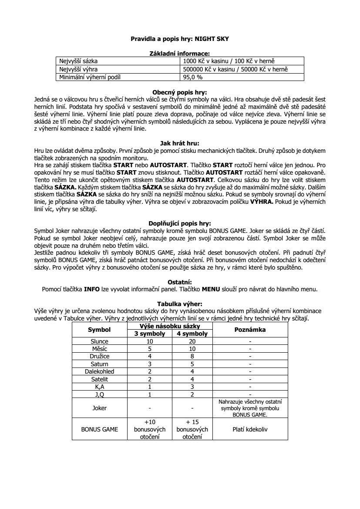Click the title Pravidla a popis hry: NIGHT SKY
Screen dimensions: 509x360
pyautogui.click(x=180, y=39)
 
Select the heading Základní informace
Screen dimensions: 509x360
pyautogui.click(x=180, y=53)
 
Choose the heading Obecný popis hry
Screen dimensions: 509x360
pyautogui.click(x=180, y=92)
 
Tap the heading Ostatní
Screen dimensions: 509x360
pyautogui.click(x=180, y=282)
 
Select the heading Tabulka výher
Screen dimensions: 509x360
pyautogui.click(x=180, y=303)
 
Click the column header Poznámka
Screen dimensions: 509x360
pyautogui.click(x=250, y=330)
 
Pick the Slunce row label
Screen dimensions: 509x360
pyautogui.click(x=99, y=342)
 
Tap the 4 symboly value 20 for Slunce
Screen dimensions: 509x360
pyautogui.click(x=192, y=342)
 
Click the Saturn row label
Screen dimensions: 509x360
pyautogui.click(x=99, y=364)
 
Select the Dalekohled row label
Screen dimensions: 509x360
pyautogui.click(x=99, y=371)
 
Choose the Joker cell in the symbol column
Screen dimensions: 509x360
pyautogui.click(x=99, y=408)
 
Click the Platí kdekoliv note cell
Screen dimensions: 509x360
pyautogui.click(x=250, y=429)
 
